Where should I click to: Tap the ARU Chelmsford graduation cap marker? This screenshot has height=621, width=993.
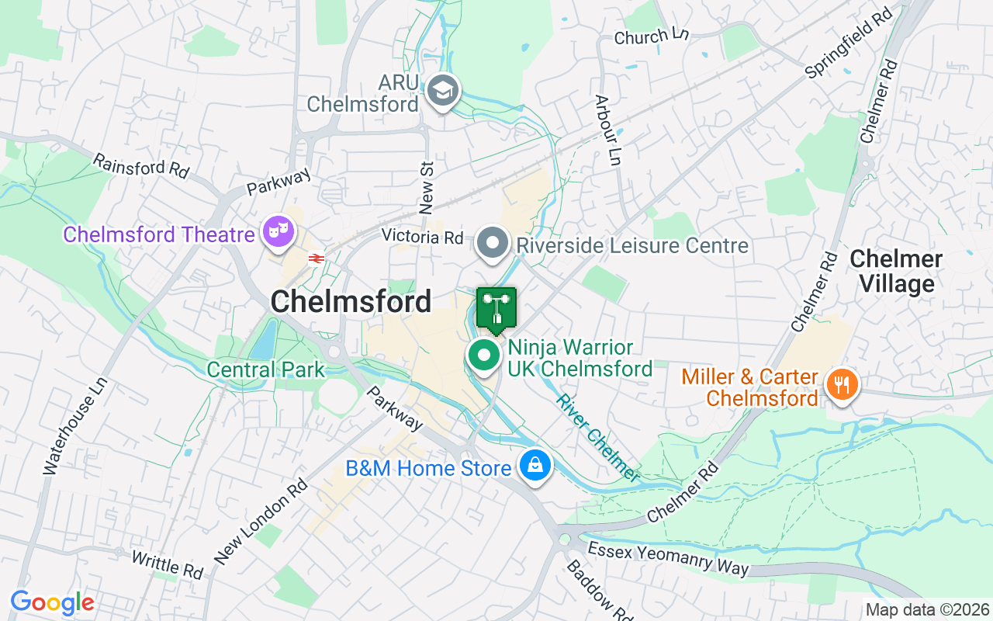pos(443,91)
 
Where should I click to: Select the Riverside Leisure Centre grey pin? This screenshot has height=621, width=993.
pos(492,243)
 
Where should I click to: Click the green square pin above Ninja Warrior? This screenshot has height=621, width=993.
pos(496,309)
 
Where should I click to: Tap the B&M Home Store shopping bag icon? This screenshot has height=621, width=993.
pos(535,466)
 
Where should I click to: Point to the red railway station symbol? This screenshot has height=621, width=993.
pos(316,258)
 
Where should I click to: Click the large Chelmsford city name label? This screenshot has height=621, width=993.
pos(351,302)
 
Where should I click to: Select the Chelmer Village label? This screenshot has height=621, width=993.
pos(896,272)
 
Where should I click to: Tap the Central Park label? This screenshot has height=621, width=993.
pos(266,369)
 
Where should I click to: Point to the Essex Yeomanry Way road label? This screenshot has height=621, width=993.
pos(669,559)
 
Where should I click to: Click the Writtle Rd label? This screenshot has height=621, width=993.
pos(167,565)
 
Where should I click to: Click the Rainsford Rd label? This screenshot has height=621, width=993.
pos(140,166)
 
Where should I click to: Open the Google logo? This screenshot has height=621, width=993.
pos(52,602)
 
